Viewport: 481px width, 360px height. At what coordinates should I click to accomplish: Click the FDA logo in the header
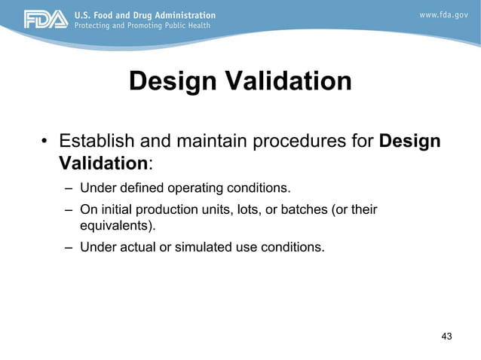46,20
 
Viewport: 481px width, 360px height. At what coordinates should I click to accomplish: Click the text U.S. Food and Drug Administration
144,15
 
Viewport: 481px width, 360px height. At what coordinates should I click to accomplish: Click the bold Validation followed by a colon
102,163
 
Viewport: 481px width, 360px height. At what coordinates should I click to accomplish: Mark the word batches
299,209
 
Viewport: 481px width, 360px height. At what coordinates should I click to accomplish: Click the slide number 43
446,336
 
